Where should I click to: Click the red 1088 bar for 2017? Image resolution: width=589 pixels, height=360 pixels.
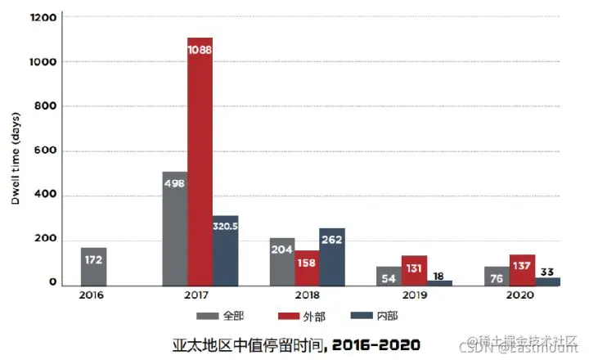(200, 164)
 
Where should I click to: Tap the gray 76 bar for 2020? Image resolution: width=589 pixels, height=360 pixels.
(497, 276)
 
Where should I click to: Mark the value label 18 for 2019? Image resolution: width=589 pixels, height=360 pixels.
(439, 277)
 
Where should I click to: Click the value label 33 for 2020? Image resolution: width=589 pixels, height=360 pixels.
(547, 272)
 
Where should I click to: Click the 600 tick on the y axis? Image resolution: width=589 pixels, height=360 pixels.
(46, 151)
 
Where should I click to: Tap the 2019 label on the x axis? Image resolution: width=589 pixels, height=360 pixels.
(414, 295)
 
